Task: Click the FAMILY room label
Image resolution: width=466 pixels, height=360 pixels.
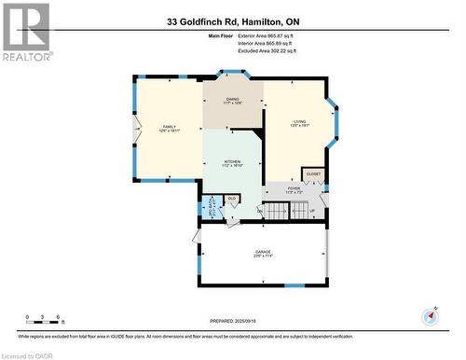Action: click(169, 128)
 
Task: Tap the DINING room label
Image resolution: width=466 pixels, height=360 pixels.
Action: click(233, 100)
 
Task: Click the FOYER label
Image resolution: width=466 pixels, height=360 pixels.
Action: click(294, 189)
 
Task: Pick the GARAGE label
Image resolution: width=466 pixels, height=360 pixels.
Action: click(263, 253)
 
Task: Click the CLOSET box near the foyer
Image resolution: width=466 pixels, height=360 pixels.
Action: click(313, 174)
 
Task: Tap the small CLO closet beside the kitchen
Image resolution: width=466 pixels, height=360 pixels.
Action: click(231, 199)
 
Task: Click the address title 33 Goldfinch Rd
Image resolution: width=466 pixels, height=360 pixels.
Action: click(233, 21)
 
